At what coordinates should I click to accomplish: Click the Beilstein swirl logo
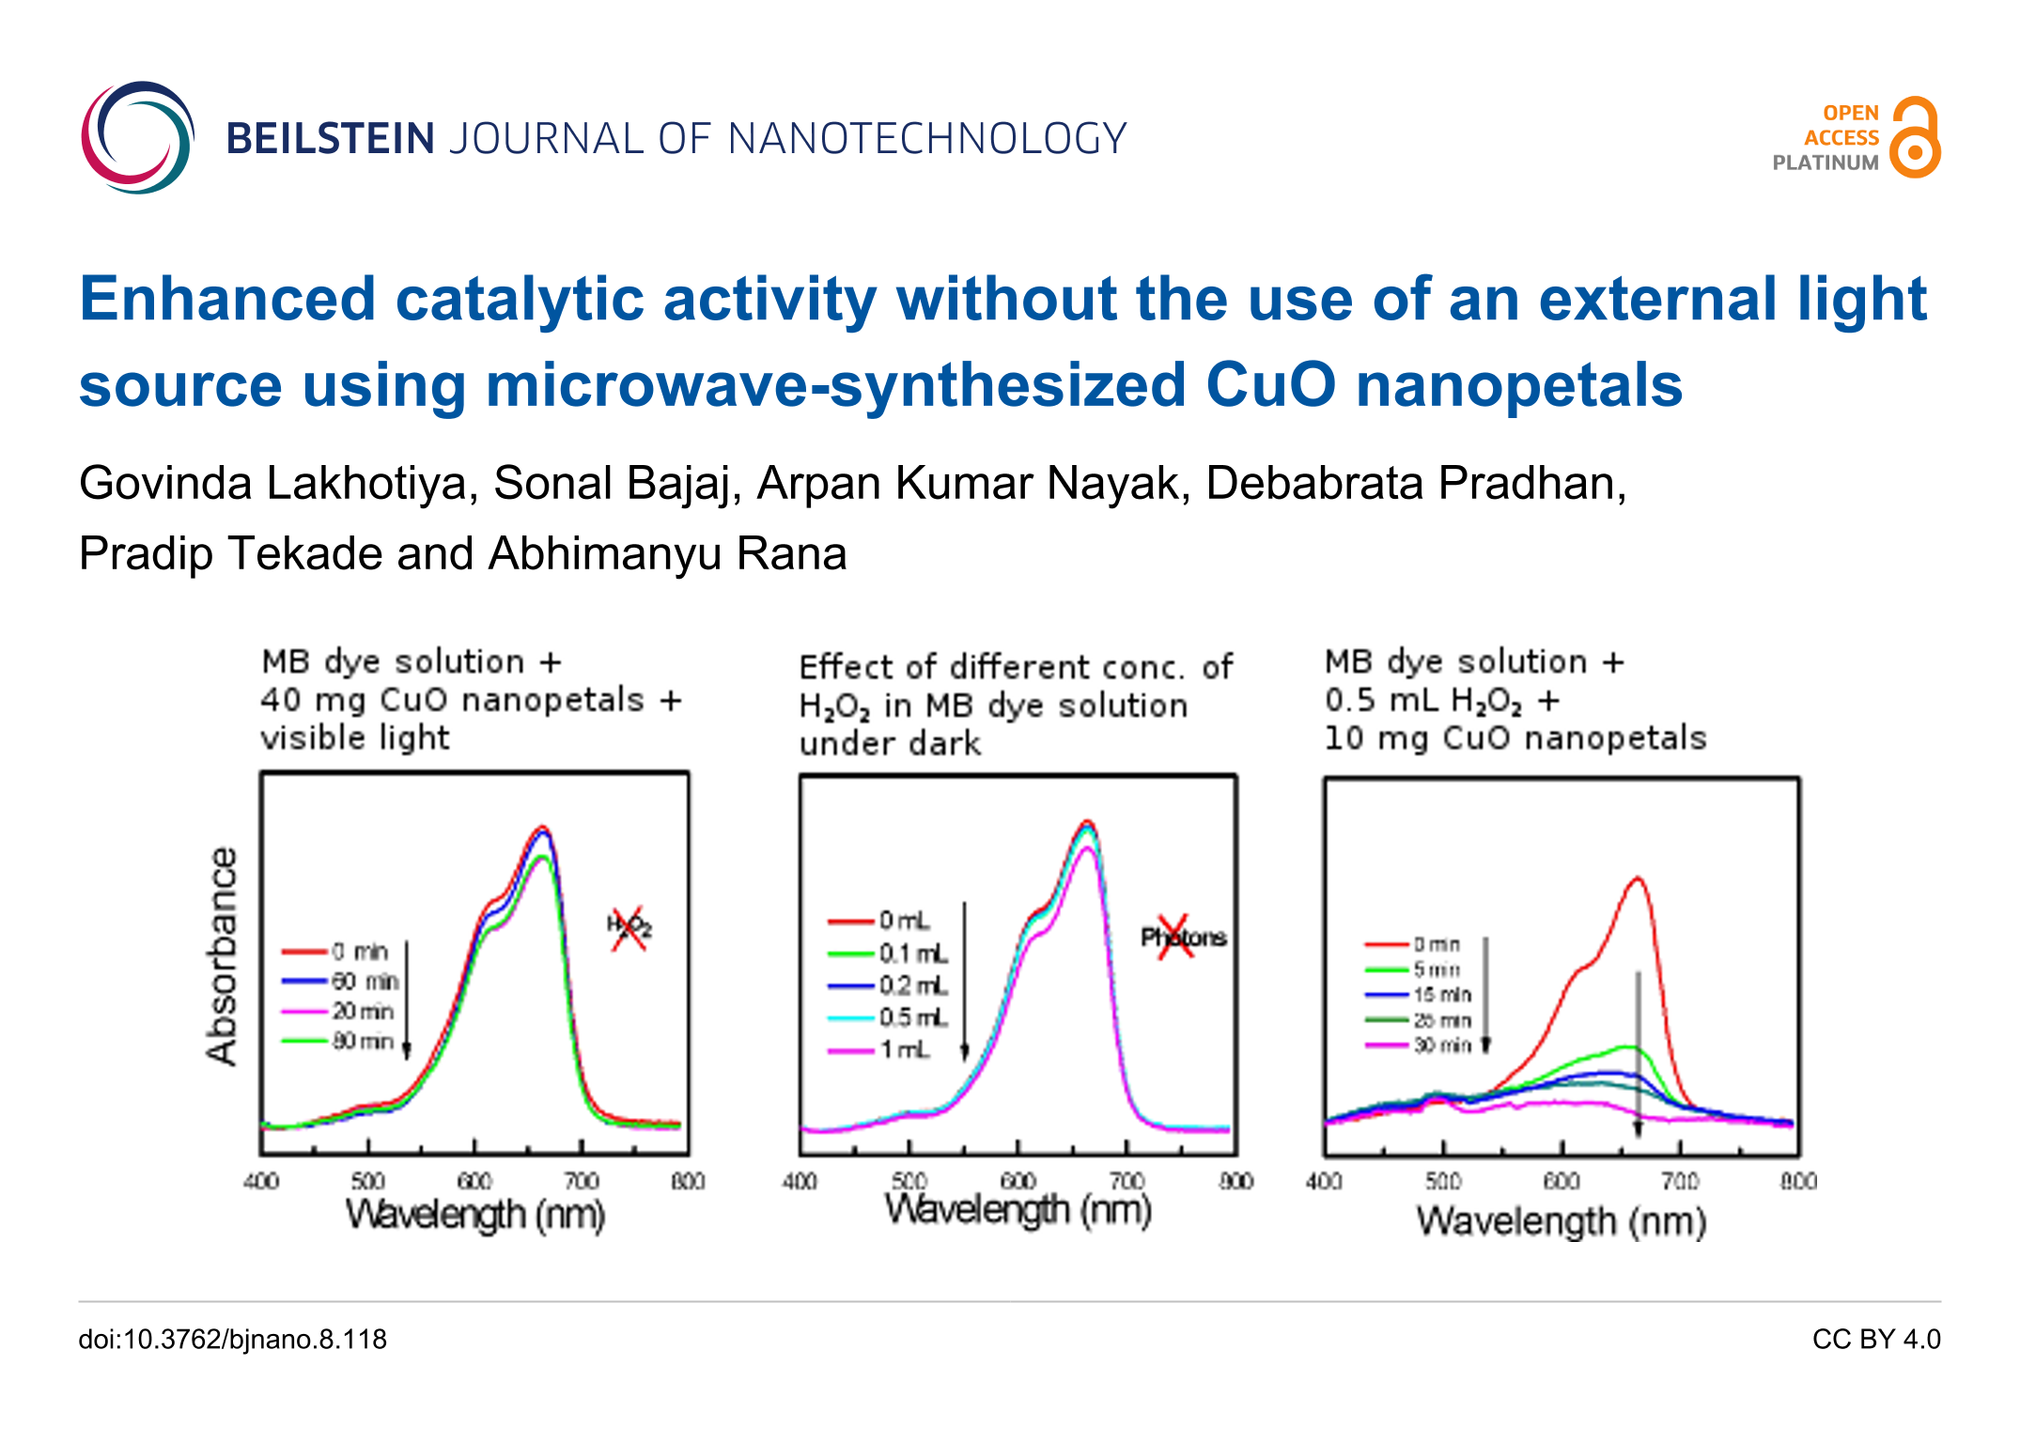coord(137,138)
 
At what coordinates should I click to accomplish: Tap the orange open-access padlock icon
coord(1915,137)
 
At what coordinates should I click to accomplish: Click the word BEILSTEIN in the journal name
coord(330,139)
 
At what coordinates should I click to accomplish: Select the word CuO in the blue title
coord(1269,385)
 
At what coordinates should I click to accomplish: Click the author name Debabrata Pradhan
coord(1415,484)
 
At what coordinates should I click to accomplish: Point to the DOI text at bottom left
coord(232,1339)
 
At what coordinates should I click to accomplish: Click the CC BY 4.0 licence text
coord(1875,1339)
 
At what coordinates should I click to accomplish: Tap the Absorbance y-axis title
coord(222,956)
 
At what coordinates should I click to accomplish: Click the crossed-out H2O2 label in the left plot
coord(629,927)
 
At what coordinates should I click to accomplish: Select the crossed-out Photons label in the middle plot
coord(1182,937)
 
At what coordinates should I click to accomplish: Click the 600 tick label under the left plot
coord(474,1181)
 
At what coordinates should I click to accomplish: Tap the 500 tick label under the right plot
coord(1443,1181)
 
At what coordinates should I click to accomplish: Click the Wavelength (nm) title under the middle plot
coord(1018,1210)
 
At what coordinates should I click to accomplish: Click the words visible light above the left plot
coord(355,738)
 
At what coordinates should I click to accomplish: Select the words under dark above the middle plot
coord(890,744)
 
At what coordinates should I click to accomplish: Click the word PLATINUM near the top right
coord(1825,163)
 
